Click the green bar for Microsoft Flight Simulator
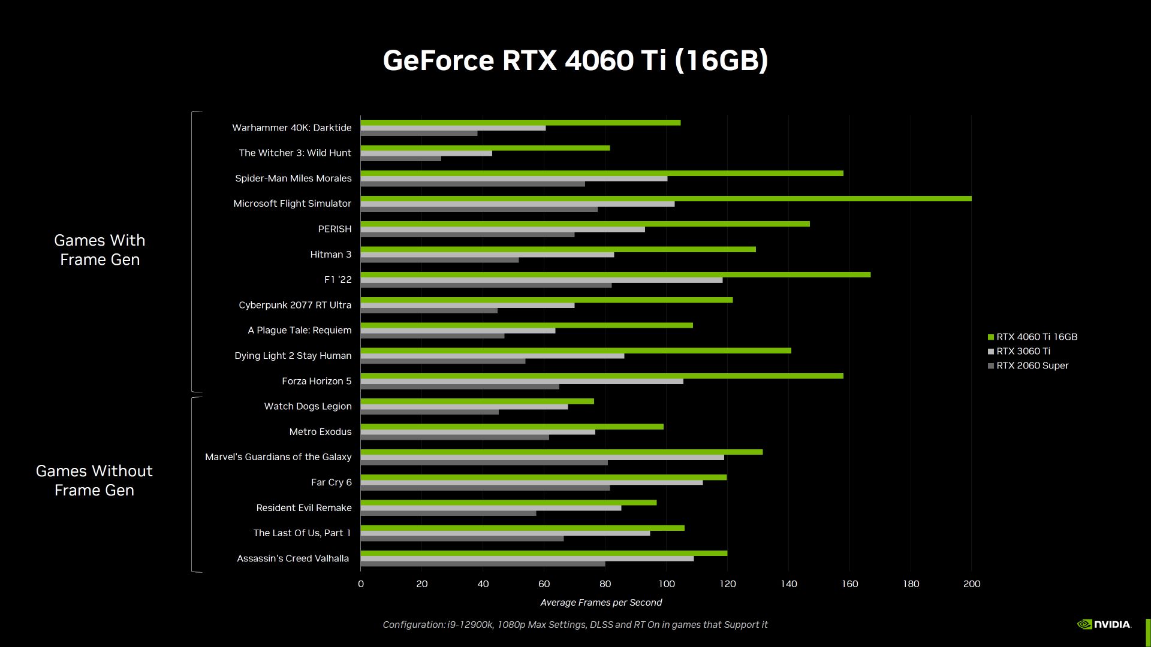point(665,198)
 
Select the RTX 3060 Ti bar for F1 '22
point(541,280)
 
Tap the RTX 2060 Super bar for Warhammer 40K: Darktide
point(419,133)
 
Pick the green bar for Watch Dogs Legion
point(477,401)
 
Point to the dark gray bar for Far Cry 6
point(485,488)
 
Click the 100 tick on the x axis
point(666,583)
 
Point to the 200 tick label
point(971,583)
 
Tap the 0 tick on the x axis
point(361,583)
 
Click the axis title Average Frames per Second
point(601,602)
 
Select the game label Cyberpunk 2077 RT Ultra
point(295,305)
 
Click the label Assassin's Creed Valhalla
point(293,558)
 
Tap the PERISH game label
point(335,229)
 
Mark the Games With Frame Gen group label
point(100,250)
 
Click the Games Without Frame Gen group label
point(94,480)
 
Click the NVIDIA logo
point(1104,624)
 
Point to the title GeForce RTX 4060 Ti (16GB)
point(575,61)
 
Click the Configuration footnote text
point(575,624)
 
